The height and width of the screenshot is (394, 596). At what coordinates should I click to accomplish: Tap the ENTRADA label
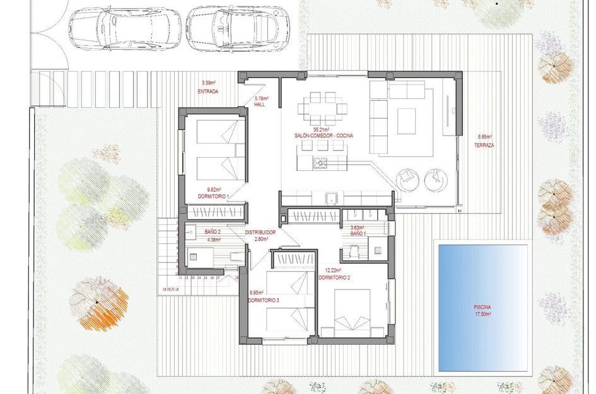click(207, 91)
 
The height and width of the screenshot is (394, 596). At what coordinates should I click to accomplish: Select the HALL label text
click(259, 105)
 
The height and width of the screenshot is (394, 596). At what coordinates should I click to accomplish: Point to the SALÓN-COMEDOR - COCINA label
click(323, 136)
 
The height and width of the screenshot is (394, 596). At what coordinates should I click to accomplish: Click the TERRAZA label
click(484, 145)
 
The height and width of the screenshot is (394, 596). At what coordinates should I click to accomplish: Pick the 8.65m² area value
click(484, 137)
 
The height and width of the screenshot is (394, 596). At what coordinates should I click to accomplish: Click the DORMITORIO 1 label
click(214, 197)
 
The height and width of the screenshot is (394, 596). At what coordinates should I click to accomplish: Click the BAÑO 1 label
click(358, 234)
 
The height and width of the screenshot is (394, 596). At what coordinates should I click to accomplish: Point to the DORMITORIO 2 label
click(334, 277)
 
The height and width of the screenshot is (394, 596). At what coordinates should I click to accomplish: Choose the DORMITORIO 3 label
click(264, 301)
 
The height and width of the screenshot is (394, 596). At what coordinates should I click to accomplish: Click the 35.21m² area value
click(322, 129)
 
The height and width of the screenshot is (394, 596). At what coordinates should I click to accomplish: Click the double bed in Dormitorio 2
click(352, 312)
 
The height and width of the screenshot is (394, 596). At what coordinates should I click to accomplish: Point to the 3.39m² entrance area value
click(207, 83)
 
